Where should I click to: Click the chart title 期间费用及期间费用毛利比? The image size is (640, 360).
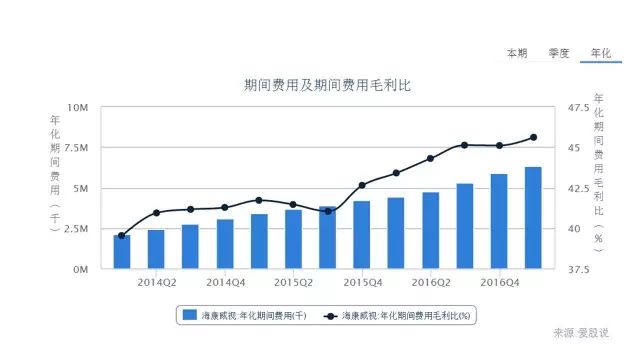click(327, 86)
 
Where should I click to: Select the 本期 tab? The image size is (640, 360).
click(516, 52)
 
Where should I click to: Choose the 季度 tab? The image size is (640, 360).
click(558, 52)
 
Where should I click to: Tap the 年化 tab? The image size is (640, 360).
click(601, 52)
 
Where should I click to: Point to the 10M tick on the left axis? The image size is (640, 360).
click(78, 107)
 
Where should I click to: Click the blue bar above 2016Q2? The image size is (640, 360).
click(430, 231)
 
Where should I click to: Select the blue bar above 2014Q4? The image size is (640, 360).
click(225, 244)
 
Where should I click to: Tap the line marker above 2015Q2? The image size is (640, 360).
click(293, 204)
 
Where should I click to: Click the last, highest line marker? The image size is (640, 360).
click(533, 137)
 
